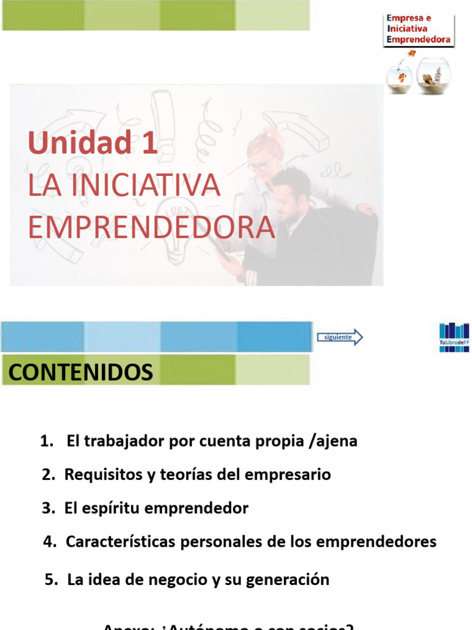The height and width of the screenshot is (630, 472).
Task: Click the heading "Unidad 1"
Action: [x=93, y=143]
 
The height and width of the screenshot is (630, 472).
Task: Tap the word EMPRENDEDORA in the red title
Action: [x=151, y=227]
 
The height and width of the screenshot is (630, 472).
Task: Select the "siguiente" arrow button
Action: [x=340, y=337]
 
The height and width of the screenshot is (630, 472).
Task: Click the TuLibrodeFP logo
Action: [x=454, y=337]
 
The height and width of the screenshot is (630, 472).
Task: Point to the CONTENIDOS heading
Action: [x=81, y=372]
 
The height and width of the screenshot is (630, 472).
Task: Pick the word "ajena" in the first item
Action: [x=337, y=442]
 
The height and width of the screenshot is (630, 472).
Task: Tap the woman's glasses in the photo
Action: [x=261, y=165]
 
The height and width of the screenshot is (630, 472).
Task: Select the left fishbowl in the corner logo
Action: [x=399, y=76]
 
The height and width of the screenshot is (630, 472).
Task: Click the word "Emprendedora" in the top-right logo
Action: [x=419, y=39]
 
